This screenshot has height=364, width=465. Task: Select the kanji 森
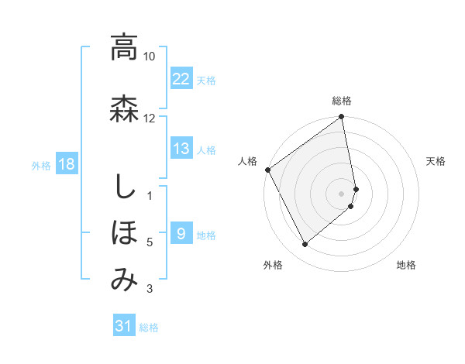coord(124,108)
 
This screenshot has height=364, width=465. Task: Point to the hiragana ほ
coord(124,232)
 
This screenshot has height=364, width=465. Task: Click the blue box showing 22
coord(181,78)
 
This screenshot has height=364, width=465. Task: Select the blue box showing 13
coord(181,149)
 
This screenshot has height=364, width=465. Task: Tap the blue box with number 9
coord(181,234)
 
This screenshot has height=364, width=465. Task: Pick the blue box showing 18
coord(67,164)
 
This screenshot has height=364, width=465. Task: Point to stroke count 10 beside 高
coord(150,57)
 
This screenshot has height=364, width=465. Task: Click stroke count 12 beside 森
coord(150,118)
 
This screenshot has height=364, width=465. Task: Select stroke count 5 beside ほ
coord(150,242)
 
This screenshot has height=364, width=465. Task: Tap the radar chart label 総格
coord(342,101)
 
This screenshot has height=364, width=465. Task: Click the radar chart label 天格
coord(436,161)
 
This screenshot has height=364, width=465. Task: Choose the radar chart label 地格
coord(406,265)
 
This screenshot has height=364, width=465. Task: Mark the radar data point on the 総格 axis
coord(342,118)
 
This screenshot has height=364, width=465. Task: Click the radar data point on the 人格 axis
coord(267,170)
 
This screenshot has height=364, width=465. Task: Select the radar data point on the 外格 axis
coord(305,245)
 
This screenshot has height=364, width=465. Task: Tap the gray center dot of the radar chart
coord(342,194)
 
